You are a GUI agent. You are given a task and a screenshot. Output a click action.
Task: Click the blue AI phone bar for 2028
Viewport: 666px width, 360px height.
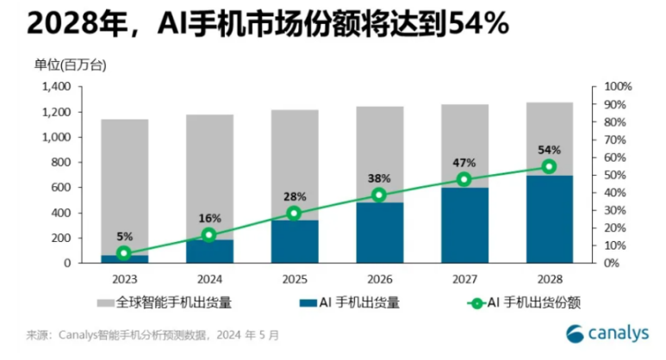pyautogui.click(x=549, y=220)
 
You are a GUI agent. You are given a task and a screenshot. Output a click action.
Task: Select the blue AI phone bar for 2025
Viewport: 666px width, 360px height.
pyautogui.click(x=294, y=242)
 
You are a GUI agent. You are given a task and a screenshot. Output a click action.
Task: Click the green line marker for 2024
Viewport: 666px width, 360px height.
pyautogui.click(x=209, y=234)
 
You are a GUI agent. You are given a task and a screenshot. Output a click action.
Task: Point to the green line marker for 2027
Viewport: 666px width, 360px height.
pyautogui.click(x=464, y=179)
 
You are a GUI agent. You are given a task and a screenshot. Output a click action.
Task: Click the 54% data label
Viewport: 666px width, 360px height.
pyautogui.click(x=549, y=149)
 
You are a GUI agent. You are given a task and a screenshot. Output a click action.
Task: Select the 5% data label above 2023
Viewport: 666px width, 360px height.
pyautogui.click(x=124, y=236)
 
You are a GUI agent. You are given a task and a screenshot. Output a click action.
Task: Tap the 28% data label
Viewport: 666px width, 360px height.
pyautogui.click(x=294, y=196)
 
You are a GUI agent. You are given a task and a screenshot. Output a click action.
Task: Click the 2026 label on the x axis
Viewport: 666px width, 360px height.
pyautogui.click(x=379, y=279)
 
